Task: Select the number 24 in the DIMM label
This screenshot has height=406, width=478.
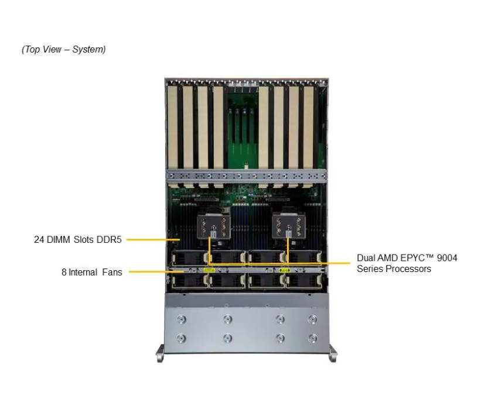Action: point(39,239)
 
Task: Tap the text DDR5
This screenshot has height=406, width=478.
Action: point(110,239)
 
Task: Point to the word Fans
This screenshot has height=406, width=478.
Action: point(111,272)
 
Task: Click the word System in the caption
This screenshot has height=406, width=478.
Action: point(88,49)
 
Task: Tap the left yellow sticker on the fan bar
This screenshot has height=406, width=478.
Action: point(209,270)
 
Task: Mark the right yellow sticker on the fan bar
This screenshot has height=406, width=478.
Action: point(285,270)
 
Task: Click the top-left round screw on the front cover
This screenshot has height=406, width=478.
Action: point(181,319)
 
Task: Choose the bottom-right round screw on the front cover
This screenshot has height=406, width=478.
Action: point(313,338)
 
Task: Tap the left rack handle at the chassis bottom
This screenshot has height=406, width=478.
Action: point(161,353)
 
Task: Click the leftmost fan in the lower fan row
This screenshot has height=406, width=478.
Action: point(187,281)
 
